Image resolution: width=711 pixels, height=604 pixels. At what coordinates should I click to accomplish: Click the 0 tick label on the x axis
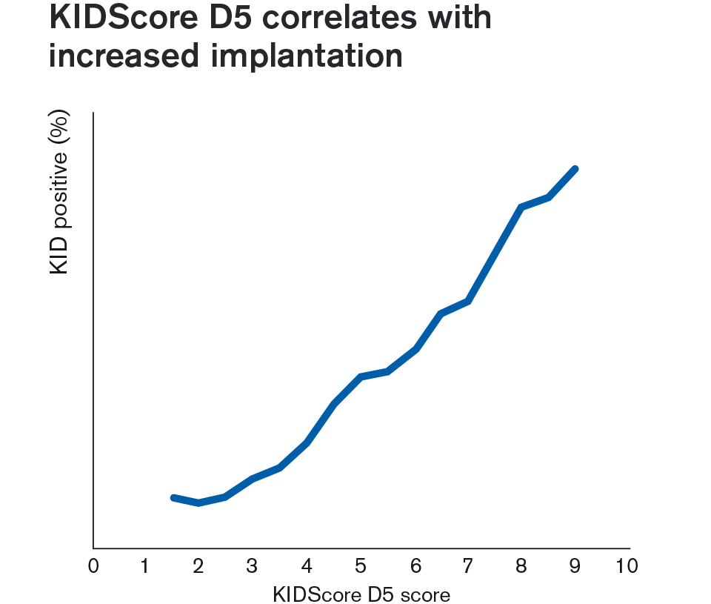tap(94, 567)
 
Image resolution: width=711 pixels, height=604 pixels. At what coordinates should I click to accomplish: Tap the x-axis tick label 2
tap(198, 567)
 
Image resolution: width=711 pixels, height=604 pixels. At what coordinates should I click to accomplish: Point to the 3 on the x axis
tap(253, 567)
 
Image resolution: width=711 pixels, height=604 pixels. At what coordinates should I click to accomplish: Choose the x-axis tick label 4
tap(307, 567)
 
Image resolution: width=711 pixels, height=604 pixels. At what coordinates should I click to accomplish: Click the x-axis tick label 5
tap(361, 567)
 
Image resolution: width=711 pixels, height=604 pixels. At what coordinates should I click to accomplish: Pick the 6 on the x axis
tap(415, 567)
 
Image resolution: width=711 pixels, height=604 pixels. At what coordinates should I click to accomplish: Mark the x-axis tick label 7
tap(467, 567)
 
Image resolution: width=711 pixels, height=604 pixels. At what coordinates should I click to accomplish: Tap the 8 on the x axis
tap(521, 567)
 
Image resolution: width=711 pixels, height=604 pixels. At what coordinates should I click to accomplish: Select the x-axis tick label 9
tap(575, 567)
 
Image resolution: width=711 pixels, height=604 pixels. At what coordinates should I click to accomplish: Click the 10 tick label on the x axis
tap(627, 567)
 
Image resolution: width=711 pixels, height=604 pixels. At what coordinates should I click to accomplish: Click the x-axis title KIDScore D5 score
tap(361, 594)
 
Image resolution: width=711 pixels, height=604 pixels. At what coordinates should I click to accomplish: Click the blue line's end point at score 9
tap(575, 169)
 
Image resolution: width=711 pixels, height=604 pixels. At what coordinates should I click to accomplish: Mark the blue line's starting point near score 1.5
tap(173, 497)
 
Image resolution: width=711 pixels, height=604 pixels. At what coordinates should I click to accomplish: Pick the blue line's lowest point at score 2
tap(198, 502)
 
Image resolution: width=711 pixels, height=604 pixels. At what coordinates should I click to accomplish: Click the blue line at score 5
tap(361, 376)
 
